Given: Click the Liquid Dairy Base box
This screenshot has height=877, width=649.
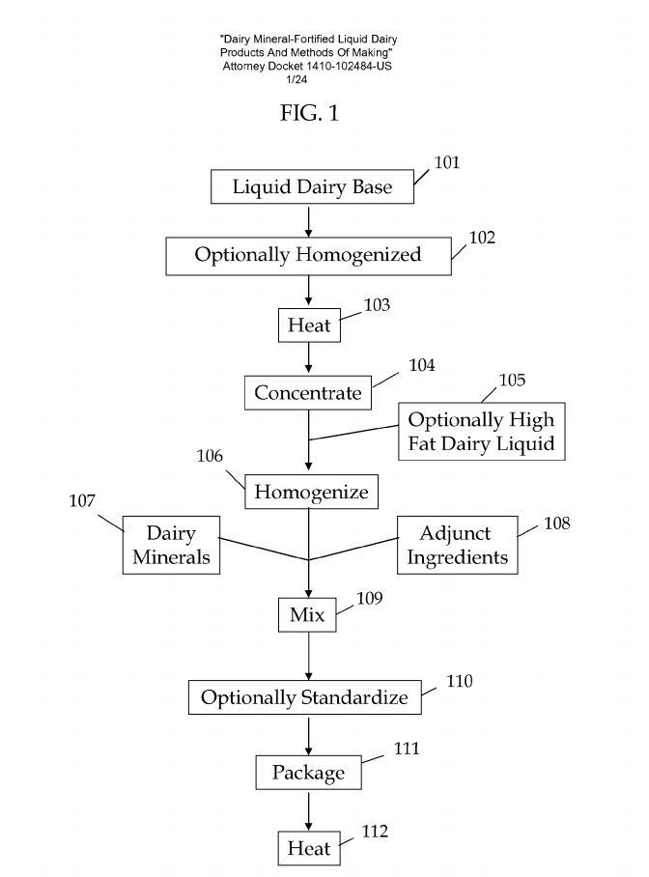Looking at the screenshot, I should coord(312,187).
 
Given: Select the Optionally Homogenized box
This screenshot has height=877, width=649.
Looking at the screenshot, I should coord(308,256).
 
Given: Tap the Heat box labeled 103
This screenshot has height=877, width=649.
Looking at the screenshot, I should coord(309,325).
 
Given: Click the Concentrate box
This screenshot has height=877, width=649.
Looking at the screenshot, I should coord(308,393).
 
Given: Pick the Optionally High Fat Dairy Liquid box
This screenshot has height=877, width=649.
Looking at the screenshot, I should coord(481,433).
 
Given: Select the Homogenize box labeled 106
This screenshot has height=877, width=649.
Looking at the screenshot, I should coord(311,492).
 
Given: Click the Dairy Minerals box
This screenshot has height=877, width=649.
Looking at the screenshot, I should coord(171,545).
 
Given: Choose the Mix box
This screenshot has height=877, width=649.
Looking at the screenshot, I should coord(308,614).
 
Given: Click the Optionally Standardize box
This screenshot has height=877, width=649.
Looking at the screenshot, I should coord(304,697).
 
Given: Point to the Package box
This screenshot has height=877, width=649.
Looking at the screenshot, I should coord(308,773).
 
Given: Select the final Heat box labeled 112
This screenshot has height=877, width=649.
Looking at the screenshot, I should coord(308,849).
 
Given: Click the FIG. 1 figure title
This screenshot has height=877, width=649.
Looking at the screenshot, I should coord(309,114).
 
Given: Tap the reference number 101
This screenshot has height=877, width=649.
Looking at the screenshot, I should coord(446,162).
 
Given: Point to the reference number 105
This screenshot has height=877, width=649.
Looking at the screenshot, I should coord(512,380).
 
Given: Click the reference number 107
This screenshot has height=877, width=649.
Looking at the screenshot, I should coord(82,502).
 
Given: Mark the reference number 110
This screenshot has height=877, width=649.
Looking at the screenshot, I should coord(459,681).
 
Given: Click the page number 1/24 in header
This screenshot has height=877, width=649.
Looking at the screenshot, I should coord(308,80).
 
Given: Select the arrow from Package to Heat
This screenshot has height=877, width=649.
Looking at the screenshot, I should coord(308,810).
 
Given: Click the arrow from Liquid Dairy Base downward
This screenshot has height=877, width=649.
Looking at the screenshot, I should coord(308,221).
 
